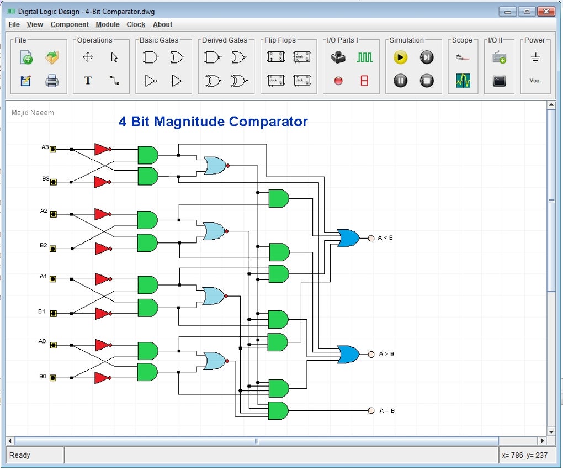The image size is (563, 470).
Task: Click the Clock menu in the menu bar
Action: pos(136,24)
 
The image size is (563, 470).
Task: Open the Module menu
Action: pos(108,24)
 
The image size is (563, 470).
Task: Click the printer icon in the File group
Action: pos(52,81)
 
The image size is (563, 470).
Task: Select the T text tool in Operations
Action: pos(88,81)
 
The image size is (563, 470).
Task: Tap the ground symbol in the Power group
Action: pos(535,57)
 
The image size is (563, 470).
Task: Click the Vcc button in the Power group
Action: pos(535,81)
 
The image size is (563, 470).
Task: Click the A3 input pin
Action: pos(53,149)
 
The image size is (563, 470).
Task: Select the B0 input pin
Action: pos(53,378)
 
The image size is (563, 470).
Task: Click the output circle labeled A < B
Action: pos(371,238)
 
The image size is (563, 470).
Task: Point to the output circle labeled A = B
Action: pos(371,410)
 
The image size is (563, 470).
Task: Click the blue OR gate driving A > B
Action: pos(348,354)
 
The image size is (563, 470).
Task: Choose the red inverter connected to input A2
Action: pos(102,214)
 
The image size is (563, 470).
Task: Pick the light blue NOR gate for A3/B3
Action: pos(215,165)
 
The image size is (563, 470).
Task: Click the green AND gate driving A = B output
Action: pos(278,410)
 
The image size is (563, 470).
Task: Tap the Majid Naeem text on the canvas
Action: pos(33,113)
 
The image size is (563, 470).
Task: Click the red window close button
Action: pos(546,11)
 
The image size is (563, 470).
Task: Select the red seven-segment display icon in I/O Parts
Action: pos(364,81)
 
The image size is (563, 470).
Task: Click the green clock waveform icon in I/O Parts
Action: pos(364,57)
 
